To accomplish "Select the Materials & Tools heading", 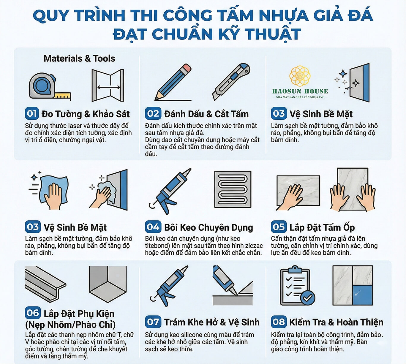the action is pyautogui.click(x=79, y=58).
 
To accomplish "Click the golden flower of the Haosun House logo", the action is pyautogui.click(x=300, y=75).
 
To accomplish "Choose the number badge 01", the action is pyautogui.click(x=32, y=113).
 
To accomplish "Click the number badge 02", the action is pyautogui.click(x=153, y=113).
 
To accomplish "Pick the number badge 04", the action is pyautogui.click(x=153, y=227).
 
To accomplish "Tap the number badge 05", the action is pyautogui.click(x=279, y=227).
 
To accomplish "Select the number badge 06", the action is pyautogui.click(x=33, y=313).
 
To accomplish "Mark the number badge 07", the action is pyautogui.click(x=153, y=322).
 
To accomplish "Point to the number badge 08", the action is pyautogui.click(x=279, y=322).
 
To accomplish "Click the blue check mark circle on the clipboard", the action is pyautogui.click(x=307, y=298).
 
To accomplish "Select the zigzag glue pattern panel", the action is pyautogui.click(x=233, y=189).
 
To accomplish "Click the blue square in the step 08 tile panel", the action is pyautogui.click(x=362, y=295).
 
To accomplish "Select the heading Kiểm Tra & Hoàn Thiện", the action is pyautogui.click(x=336, y=322).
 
